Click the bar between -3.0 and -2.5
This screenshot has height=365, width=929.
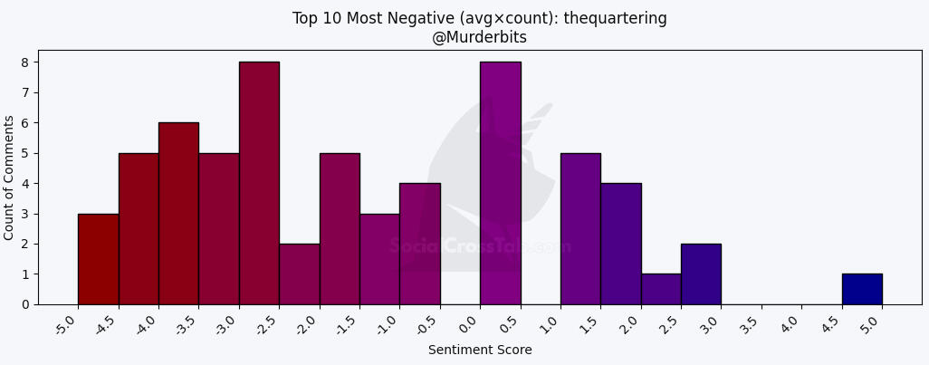point(259,183)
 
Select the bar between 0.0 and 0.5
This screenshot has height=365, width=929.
point(500,183)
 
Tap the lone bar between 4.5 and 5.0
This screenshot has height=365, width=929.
point(862,289)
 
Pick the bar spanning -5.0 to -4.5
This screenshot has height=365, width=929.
point(98,259)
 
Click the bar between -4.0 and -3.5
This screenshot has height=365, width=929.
point(178,214)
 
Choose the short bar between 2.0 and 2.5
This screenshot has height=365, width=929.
point(661,289)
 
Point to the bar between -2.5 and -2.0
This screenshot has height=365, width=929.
point(299,274)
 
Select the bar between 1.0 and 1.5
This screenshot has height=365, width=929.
point(580,228)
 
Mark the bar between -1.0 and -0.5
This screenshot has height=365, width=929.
point(419,244)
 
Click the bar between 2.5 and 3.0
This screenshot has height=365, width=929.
point(701,274)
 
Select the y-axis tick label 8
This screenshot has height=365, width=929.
point(25,62)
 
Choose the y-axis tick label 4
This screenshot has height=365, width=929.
point(25,184)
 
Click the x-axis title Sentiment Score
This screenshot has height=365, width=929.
point(480,351)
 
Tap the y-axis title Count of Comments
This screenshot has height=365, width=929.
point(10,178)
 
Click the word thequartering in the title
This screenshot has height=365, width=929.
point(615,18)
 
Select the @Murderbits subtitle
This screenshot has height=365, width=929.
point(480,37)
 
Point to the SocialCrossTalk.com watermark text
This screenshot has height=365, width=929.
point(480,246)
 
